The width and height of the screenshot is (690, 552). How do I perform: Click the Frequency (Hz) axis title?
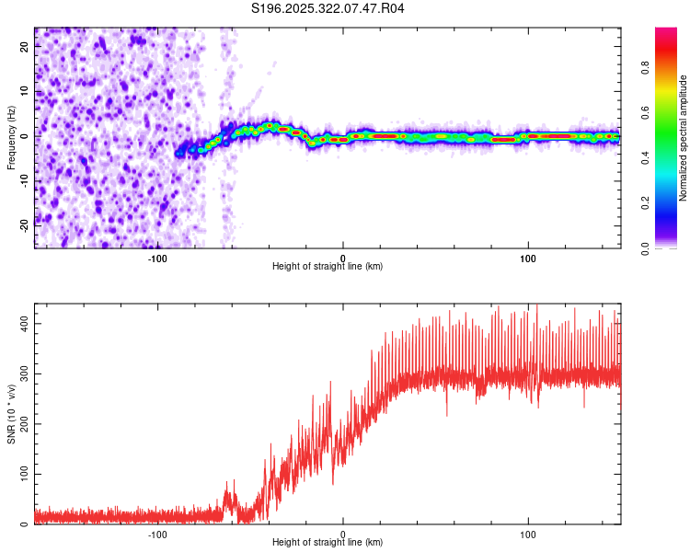(11, 138)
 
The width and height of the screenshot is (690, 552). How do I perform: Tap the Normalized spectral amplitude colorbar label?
(684, 138)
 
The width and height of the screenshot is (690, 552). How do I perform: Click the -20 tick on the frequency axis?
(25, 222)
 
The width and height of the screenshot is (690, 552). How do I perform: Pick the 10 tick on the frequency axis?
(25, 91)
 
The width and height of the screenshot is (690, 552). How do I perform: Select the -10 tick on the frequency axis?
(25, 178)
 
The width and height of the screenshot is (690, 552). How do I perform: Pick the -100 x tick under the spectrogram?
(157, 258)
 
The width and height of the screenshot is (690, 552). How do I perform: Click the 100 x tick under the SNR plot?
(528, 534)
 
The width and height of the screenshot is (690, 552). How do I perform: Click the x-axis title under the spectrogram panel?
(328, 267)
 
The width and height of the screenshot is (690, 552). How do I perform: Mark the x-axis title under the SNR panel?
(328, 543)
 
